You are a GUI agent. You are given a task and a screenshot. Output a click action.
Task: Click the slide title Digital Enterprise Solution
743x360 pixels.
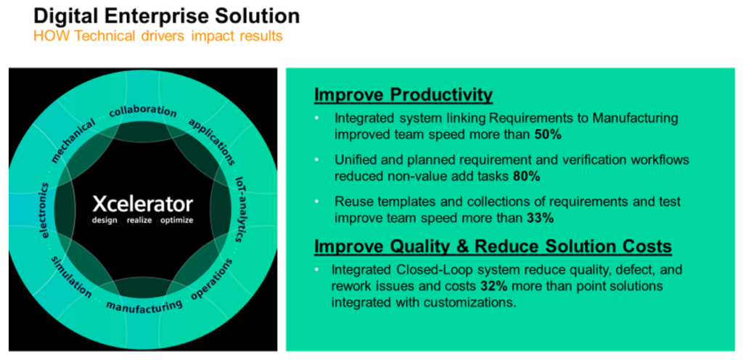point(166,16)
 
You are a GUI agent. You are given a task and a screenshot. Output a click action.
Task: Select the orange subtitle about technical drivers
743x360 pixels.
point(157,36)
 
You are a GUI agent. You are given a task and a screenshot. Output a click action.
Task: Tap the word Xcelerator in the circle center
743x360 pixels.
point(143,204)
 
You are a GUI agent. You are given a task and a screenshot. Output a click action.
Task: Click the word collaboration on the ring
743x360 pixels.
point(143,111)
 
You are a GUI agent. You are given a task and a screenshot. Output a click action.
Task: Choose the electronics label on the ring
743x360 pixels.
point(44,210)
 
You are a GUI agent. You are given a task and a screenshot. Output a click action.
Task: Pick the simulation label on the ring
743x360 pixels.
point(71,277)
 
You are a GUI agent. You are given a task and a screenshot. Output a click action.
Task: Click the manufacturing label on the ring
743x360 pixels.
point(144,306)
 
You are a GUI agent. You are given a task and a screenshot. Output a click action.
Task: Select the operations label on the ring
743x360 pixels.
point(212,279)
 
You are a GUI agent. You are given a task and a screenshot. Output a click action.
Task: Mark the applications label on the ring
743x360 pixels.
point(212,141)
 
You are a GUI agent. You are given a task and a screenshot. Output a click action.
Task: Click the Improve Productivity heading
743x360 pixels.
point(403,95)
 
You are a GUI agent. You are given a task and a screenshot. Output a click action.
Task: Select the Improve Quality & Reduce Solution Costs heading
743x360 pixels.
point(493,246)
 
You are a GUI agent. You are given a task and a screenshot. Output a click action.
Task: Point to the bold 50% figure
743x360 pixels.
point(548,134)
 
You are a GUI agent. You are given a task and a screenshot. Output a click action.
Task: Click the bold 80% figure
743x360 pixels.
point(527,176)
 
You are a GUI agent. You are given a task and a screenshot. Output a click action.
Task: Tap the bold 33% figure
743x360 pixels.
point(540,218)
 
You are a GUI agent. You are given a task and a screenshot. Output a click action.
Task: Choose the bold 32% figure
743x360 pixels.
point(494,287)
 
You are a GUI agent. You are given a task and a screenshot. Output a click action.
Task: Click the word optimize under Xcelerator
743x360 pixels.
point(177,221)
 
